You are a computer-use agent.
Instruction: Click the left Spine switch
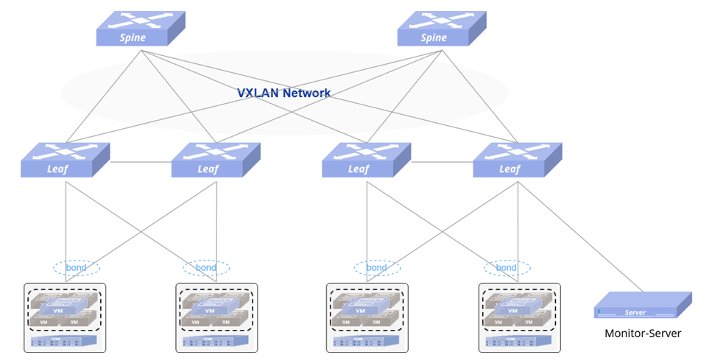tap(140, 29)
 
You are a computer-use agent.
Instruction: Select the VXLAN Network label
tap(283, 93)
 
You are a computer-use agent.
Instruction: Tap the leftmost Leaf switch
tap(66, 160)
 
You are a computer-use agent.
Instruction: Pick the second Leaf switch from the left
tap(216, 160)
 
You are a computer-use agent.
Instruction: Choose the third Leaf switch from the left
tap(366, 160)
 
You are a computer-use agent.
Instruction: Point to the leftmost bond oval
tap(77, 267)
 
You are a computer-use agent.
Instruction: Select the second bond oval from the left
tap(206, 267)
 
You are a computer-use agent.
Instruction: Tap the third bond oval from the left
tap(377, 267)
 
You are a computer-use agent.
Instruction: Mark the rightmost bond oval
tap(506, 267)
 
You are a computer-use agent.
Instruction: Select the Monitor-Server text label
tap(643, 333)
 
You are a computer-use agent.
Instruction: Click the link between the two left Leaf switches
tap(141, 162)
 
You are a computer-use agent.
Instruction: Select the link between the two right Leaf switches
tap(442, 162)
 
